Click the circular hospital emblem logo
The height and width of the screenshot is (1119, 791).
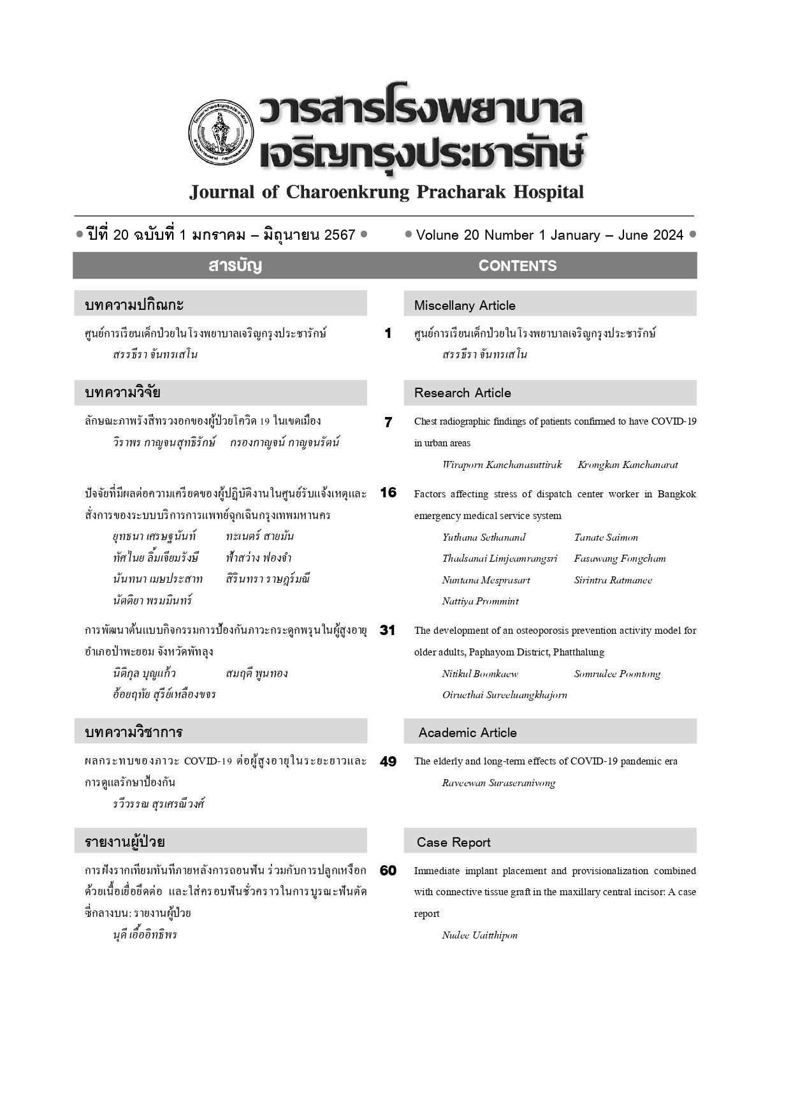pos(221,133)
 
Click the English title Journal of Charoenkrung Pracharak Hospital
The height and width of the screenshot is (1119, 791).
pos(386,192)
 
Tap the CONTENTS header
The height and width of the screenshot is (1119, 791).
pos(517,266)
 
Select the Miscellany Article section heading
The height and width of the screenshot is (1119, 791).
pos(465,305)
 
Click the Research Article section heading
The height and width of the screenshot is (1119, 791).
pos(462,393)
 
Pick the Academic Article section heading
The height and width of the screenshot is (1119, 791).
pos(467,733)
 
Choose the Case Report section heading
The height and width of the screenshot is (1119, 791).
pos(453,842)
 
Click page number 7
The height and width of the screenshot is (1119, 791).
pos(388,422)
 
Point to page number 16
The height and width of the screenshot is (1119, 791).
pos(388,492)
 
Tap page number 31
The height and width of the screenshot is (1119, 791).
pos(388,630)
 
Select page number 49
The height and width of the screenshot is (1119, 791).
pos(388,761)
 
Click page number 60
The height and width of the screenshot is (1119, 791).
pos(388,870)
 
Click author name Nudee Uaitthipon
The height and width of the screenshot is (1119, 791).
pos(479,935)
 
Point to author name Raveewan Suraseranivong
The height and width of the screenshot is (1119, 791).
pos(498,783)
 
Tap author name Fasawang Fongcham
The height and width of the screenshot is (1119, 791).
pos(620,559)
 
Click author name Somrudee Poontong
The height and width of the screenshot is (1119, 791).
pos(617,674)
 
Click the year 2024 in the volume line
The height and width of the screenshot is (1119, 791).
pos(668,235)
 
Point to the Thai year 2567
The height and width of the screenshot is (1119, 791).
pos(340,235)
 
